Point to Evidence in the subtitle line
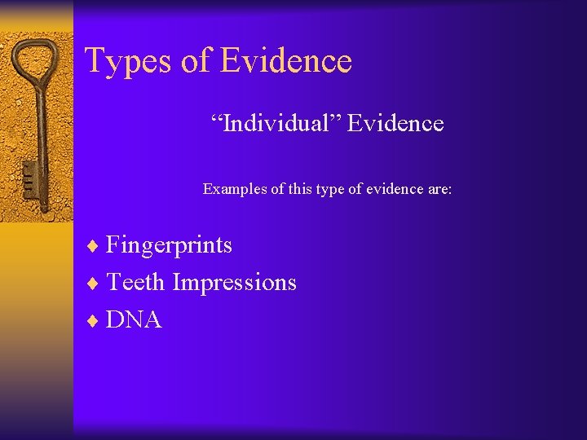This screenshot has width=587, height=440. point(395,124)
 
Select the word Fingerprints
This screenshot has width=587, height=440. point(170,245)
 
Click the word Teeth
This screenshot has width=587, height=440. point(136,283)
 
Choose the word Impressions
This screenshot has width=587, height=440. point(235,283)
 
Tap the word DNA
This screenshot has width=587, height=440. point(135,320)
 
